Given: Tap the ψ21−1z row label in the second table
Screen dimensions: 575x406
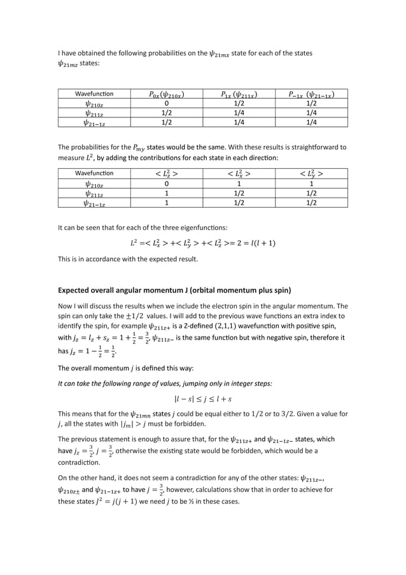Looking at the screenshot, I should point(95,203).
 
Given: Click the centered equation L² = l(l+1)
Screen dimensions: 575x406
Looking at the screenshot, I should point(202,243).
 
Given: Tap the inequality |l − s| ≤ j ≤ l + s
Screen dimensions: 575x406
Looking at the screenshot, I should point(202,400).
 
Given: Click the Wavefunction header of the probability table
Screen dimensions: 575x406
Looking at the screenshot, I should point(95,95).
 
